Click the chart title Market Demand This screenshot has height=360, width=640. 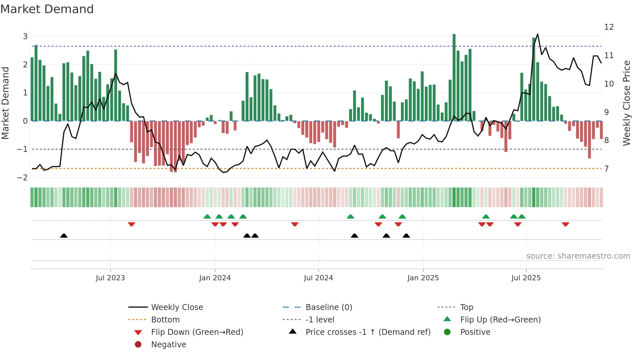click(47, 9)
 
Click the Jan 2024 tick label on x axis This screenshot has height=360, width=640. click(215, 278)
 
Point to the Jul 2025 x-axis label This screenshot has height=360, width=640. click(526, 278)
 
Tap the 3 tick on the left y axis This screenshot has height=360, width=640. click(25, 36)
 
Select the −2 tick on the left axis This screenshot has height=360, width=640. click(23, 177)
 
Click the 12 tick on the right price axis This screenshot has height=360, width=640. click(609, 27)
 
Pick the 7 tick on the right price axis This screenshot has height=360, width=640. click(606, 169)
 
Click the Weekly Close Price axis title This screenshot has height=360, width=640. click(626, 103)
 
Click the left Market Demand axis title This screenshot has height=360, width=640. click(6, 103)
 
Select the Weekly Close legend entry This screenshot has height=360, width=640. click(177, 307)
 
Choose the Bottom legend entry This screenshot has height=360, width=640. click(165, 320)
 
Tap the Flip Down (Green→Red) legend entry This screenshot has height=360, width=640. click(197, 332)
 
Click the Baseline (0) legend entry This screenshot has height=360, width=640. click(328, 307)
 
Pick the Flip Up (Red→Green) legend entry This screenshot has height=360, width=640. click(500, 320)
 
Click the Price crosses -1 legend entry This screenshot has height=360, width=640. click(368, 332)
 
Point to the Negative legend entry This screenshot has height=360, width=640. click(168, 345)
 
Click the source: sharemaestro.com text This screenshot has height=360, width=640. click(578, 256)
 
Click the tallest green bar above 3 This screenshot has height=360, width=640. click(454, 77)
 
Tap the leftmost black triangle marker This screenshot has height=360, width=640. click(64, 236)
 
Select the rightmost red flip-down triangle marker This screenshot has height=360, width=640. click(566, 224)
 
